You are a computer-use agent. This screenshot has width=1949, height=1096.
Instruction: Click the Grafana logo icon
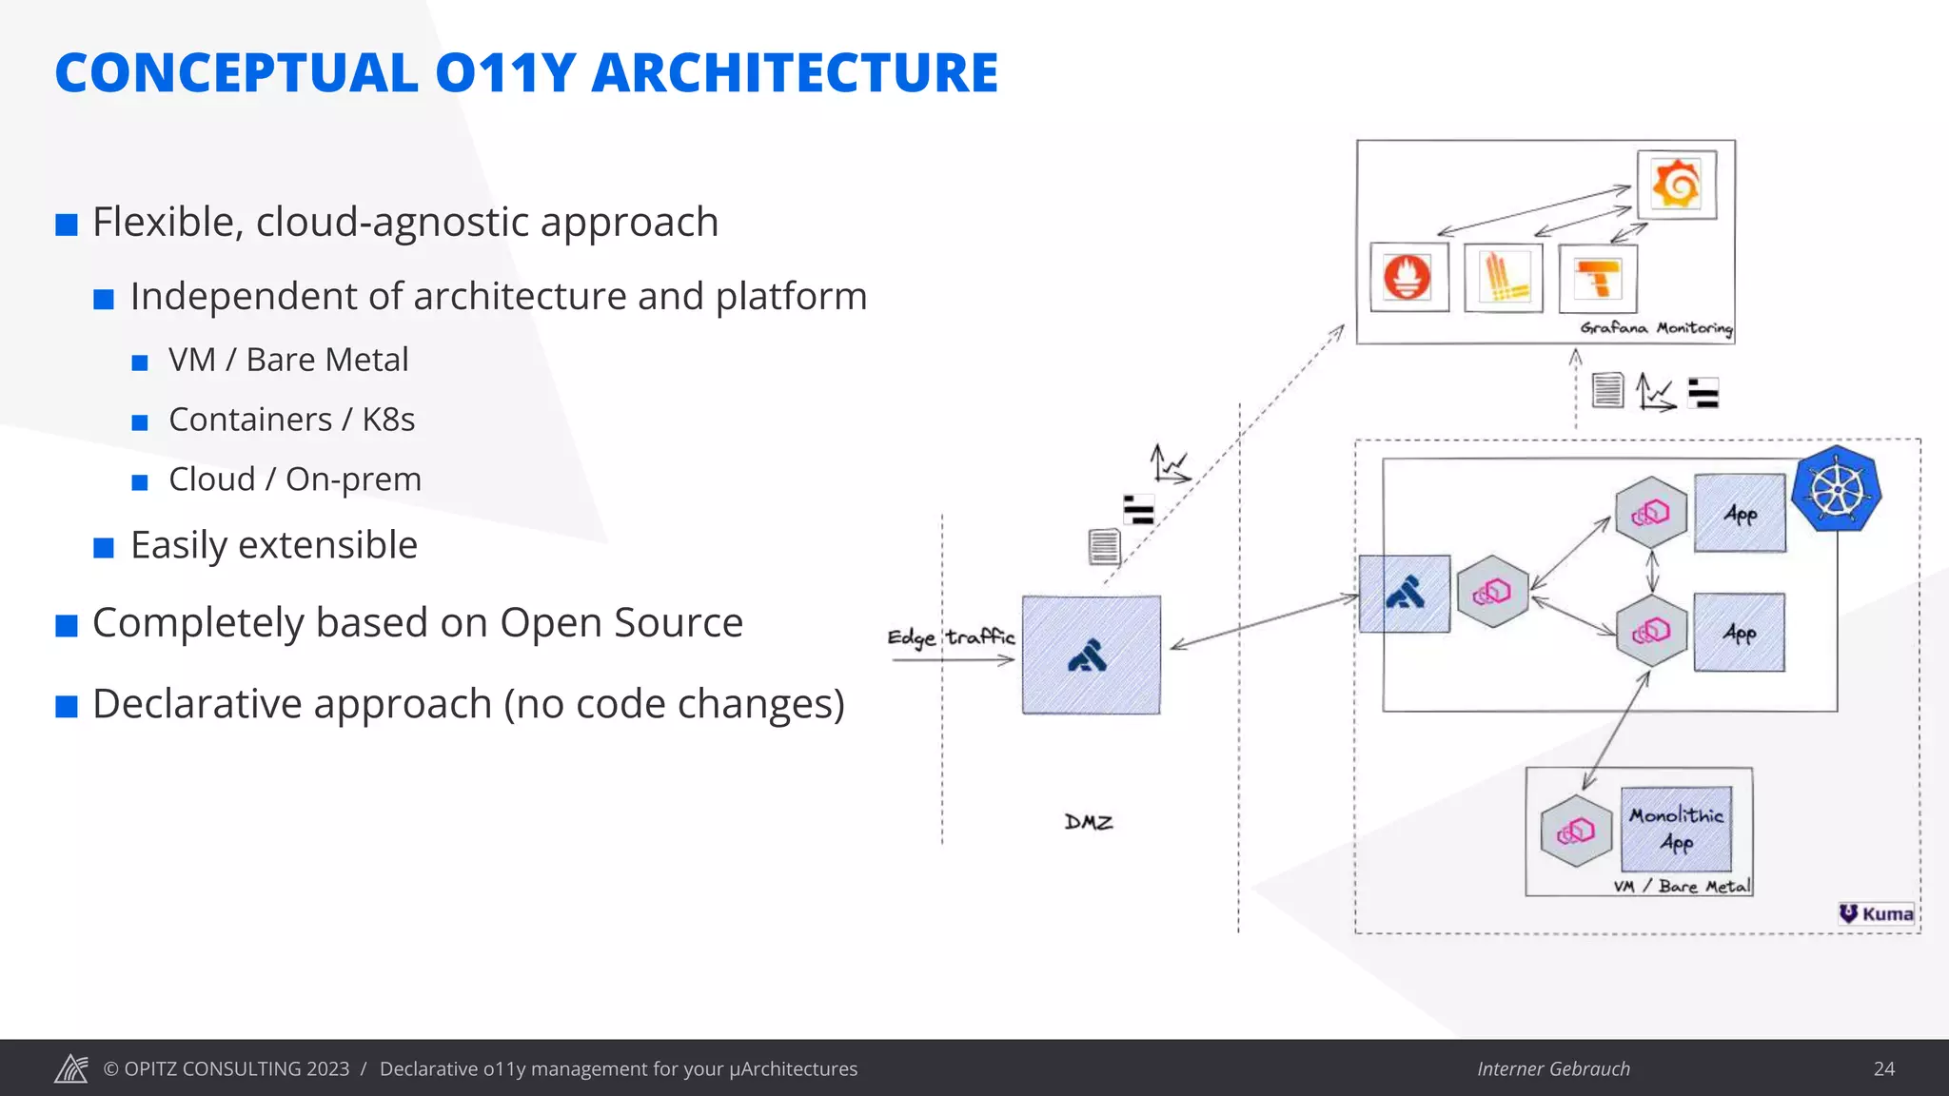pos(1676,185)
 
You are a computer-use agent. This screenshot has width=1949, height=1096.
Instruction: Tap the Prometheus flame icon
pos(1408,278)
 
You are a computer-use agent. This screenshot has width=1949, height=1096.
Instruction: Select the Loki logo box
pos(1504,278)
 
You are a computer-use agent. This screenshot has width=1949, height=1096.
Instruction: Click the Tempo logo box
pos(1598,279)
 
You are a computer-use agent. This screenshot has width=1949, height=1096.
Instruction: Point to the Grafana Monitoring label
pos(1656,328)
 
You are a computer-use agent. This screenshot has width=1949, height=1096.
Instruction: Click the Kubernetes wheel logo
pos(1837,490)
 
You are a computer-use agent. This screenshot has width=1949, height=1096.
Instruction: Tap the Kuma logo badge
pos(1877,913)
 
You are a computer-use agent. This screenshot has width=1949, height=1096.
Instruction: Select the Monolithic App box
pos(1676,828)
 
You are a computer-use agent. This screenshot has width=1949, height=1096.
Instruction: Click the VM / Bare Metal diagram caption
pos(1682,887)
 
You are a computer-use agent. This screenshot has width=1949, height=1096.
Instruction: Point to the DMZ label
pos(1089,822)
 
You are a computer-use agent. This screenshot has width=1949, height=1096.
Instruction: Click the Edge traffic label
pos(951,636)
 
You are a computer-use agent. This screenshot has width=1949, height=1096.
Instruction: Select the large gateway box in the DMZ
pos(1091,655)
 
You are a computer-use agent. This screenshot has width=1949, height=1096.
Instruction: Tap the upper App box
pos(1740,514)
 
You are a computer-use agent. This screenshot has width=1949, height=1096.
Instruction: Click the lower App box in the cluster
pos(1739,633)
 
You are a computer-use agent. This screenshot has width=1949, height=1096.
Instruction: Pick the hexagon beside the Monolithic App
pos(1576,832)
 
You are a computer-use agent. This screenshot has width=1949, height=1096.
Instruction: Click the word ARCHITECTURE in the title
pos(795,73)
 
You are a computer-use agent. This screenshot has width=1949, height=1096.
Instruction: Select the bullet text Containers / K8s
pos(291,420)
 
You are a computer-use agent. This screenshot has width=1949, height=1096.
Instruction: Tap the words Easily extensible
pos(274,545)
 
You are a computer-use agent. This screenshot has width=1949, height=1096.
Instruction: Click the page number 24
pos(1883,1068)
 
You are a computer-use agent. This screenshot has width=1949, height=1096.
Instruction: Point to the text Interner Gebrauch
pos(1553,1068)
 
